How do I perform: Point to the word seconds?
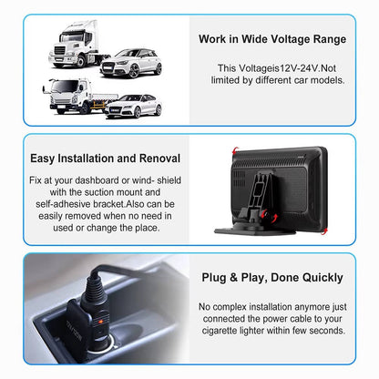click(329, 332)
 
